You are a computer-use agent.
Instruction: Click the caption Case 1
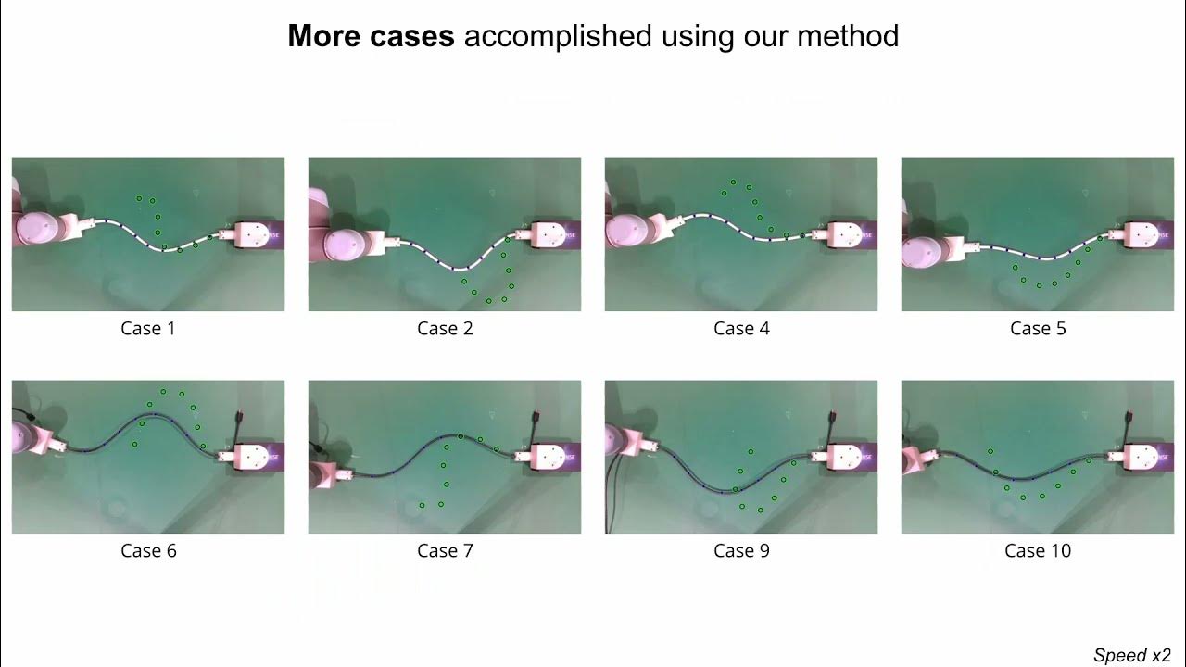coord(148,328)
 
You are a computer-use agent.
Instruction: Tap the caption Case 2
coord(445,328)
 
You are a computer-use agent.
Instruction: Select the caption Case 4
coord(741,328)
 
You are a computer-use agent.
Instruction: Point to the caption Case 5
coord(1038,328)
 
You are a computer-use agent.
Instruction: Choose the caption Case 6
coord(148,550)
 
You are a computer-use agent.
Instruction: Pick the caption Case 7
coord(445,550)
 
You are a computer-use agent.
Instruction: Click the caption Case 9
coord(741,550)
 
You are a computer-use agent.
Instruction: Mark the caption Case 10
coord(1038,550)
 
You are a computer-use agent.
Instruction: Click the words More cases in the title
coord(371,36)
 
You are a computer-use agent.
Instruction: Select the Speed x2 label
coord(1132,655)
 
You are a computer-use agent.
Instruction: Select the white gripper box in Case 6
coord(251,457)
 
